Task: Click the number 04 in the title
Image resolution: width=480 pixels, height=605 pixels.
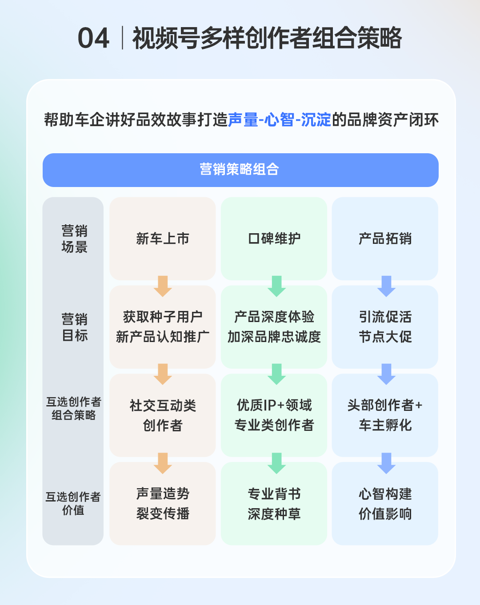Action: point(93,38)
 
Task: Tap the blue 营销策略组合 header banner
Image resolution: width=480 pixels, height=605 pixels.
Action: point(240,170)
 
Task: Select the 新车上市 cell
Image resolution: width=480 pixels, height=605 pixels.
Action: point(163,239)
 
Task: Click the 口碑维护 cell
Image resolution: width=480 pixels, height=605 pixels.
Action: point(274,239)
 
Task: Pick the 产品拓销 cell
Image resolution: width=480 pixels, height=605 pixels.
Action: point(385,239)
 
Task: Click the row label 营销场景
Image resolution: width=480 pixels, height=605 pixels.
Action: point(74,239)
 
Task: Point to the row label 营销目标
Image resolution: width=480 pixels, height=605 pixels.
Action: point(74,327)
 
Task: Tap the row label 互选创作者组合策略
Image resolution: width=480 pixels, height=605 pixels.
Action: point(73,408)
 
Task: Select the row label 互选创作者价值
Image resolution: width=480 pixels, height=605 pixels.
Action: point(73,503)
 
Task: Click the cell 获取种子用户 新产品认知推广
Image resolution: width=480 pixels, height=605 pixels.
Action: point(163,327)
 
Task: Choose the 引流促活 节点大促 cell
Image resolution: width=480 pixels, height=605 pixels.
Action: point(385,327)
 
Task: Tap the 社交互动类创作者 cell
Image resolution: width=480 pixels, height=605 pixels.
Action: point(163,415)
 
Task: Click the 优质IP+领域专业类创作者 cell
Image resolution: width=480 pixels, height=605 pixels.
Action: point(274,415)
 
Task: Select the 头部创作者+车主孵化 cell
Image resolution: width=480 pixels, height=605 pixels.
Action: point(385,415)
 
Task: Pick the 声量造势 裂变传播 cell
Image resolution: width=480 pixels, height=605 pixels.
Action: point(163,504)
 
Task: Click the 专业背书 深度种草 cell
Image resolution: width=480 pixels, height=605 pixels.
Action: point(274,504)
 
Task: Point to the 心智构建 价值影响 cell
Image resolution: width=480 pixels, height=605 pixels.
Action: point(385,504)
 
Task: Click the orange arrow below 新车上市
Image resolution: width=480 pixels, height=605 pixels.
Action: point(163,286)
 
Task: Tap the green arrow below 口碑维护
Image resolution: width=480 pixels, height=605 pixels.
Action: point(276,286)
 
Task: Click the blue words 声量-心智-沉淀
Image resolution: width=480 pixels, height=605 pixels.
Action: point(279,120)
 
